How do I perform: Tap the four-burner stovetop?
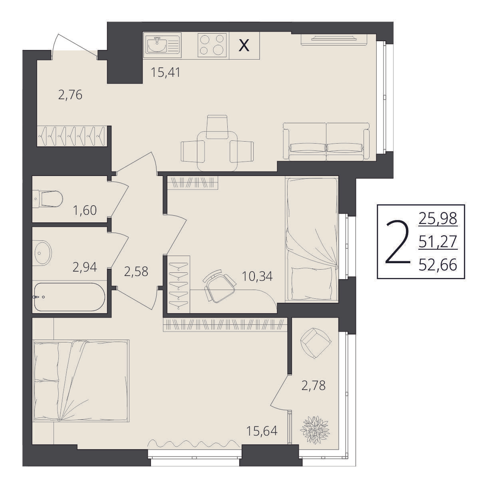pos(212,45)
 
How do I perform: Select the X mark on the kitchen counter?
pos(244,46)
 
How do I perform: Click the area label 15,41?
pos(165,72)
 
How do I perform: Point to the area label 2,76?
pos(70,95)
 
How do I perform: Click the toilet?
pos(48,199)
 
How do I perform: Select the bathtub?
pos(70,297)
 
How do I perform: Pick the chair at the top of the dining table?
pos(217,127)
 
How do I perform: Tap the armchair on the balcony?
pos(316,343)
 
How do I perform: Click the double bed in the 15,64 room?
pos(81,381)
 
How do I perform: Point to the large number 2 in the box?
pos(398,242)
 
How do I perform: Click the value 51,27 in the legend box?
pos(438,242)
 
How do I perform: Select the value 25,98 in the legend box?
pos(438,218)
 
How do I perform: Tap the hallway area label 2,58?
pos(136,272)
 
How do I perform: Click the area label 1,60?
pos(85,210)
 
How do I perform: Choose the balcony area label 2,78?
pos(314,386)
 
